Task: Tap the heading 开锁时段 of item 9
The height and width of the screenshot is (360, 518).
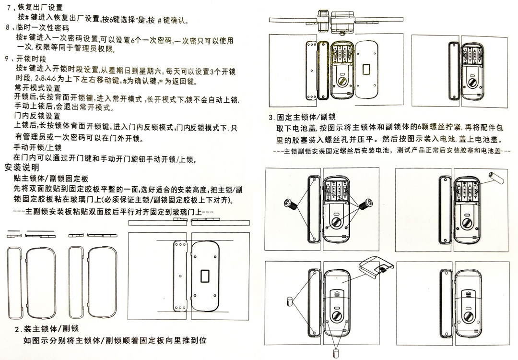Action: (x=31, y=59)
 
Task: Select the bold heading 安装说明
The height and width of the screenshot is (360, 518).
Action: (x=22, y=168)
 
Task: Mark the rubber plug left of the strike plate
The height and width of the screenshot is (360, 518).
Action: (x=290, y=301)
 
